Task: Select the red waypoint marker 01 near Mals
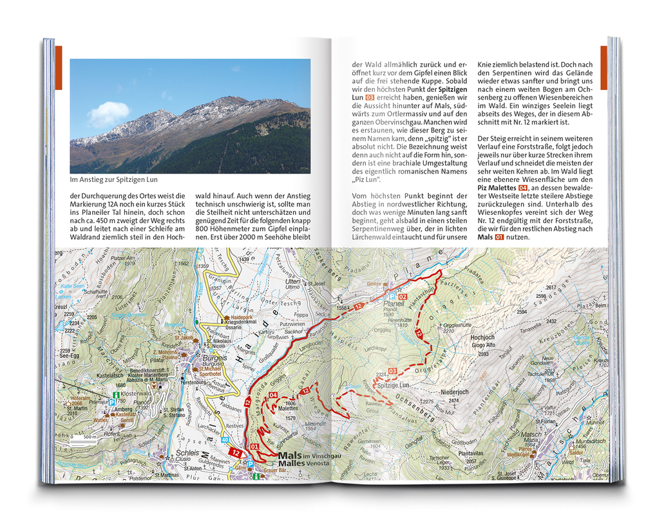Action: (254, 446)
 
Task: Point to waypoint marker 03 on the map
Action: (392, 371)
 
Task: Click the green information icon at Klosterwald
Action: (115, 394)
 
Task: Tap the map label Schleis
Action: (187, 453)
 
